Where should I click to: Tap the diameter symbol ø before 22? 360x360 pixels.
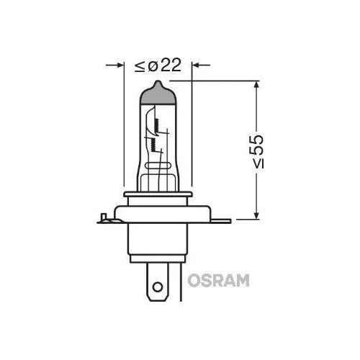(153, 66)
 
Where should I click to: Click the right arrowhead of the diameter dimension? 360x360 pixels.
(196, 66)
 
